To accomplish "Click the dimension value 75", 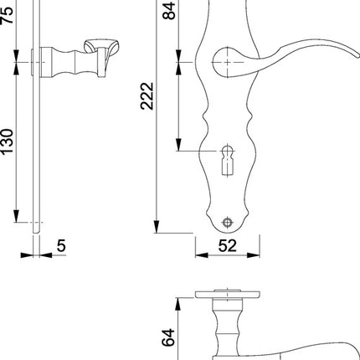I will [x=8, y=16].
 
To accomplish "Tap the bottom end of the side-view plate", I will [x=36, y=228].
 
